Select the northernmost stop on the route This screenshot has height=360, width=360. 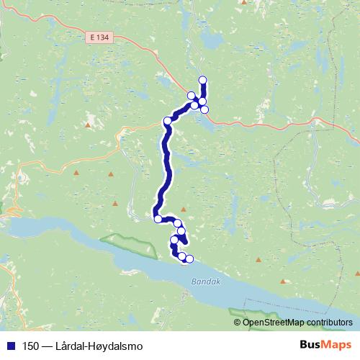point(202,80)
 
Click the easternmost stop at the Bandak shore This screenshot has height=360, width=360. point(189,259)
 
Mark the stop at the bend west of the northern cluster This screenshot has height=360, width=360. point(167,121)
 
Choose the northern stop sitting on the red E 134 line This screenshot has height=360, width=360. point(204,109)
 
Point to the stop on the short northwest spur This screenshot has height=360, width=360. point(191,96)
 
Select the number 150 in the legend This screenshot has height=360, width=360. point(31,346)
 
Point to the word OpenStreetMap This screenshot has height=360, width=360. point(277,323)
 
